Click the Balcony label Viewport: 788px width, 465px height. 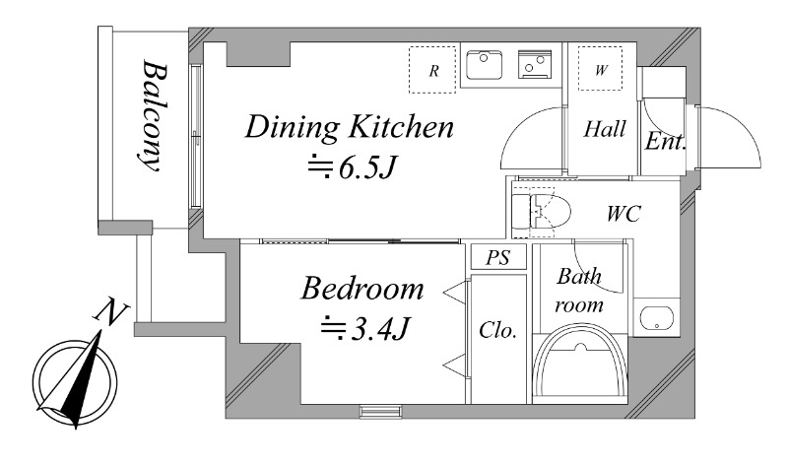coord(153,115)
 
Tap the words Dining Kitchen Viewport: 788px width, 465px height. coord(350,127)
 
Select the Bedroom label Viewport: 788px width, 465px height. coord(361,288)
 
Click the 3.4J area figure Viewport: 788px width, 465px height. coord(365,329)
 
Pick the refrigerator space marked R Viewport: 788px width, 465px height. coord(432,70)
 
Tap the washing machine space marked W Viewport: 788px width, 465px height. coord(600,69)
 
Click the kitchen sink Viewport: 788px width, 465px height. coord(484,64)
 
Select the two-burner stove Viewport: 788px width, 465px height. coord(535,64)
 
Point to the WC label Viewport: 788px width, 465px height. coord(624,214)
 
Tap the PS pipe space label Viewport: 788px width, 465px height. coord(498,257)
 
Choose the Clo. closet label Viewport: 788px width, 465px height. coord(498,330)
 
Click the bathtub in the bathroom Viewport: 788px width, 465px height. coord(580,363)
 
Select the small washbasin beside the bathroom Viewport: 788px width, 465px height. coord(656,317)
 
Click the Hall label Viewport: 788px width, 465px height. coord(605,129)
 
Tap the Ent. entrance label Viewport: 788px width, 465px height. coord(666,141)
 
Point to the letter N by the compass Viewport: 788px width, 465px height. coord(111,310)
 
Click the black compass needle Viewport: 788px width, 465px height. coord(81,380)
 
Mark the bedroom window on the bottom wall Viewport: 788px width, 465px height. coord(381,411)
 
